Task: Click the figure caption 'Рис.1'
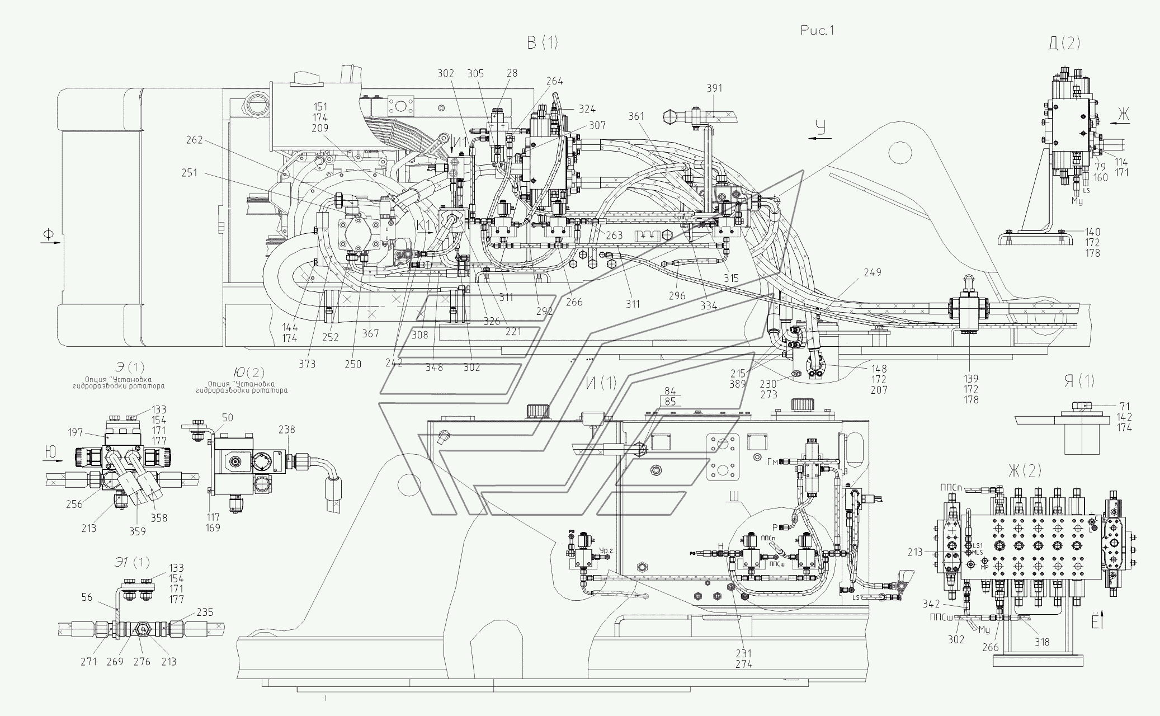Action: (x=817, y=31)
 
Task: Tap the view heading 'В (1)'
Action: (x=541, y=43)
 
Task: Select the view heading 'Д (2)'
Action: (x=1064, y=44)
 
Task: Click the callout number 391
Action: (x=714, y=88)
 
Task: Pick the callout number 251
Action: (x=189, y=173)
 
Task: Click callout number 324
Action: (x=587, y=109)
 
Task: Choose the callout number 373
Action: (x=306, y=364)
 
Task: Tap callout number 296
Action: (x=676, y=296)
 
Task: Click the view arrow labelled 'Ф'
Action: (x=49, y=235)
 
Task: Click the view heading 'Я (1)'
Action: (x=1078, y=383)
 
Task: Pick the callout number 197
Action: (x=76, y=432)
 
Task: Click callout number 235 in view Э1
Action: (x=205, y=613)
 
